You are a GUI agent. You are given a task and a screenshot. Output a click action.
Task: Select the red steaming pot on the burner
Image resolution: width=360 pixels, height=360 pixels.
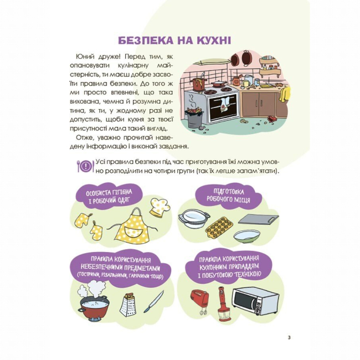click(94, 307)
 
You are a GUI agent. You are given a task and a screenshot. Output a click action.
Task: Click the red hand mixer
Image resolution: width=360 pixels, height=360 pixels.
click(199, 300)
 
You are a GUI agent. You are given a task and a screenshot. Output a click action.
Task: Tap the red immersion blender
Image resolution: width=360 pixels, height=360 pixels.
click(224, 304)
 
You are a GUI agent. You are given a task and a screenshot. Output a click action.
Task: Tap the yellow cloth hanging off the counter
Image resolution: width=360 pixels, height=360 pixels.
click(284, 95)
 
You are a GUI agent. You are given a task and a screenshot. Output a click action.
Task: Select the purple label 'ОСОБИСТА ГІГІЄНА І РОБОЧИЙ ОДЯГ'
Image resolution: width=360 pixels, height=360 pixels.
click(108, 196)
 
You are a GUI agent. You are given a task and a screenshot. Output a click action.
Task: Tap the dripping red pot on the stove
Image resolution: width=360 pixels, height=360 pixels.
click(199, 83)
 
